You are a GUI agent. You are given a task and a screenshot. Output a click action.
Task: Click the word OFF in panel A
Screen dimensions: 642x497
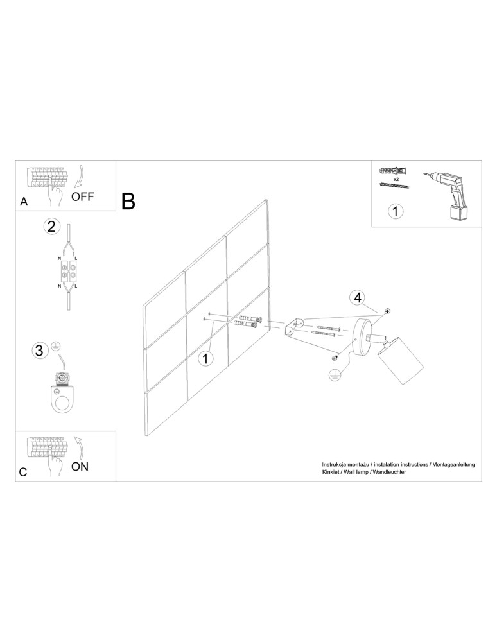pos(83,196)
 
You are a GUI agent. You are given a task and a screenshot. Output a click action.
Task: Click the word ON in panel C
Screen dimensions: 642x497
pos(80,467)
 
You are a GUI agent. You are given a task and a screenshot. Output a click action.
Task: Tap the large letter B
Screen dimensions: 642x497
pos(128,202)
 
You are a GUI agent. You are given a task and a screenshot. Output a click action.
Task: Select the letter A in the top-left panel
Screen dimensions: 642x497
pos(24,202)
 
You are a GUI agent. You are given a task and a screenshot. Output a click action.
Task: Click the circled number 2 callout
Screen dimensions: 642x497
pos(52,226)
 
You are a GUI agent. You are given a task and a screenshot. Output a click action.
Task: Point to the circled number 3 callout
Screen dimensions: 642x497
pos(39,351)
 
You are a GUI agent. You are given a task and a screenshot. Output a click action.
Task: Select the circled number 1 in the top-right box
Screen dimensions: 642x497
pos(396,211)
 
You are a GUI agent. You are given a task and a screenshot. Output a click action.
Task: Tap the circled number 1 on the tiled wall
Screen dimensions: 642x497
pos(205,358)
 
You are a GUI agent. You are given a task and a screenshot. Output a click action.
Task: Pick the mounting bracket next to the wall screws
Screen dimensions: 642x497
pos(294,327)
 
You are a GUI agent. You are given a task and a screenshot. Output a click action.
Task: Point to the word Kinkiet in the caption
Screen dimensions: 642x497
pos(331,472)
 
